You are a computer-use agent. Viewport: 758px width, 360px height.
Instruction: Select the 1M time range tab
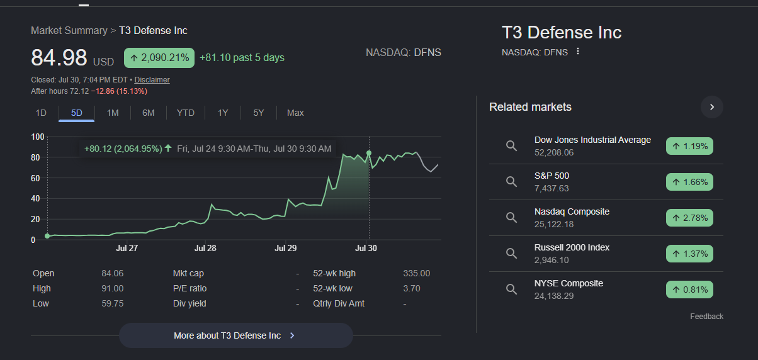coord(113,113)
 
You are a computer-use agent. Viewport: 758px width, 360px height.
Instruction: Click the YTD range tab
coord(186,113)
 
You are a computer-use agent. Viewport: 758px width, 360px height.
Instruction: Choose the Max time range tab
coord(295,113)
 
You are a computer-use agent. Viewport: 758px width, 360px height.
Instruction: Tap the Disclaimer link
coord(152,80)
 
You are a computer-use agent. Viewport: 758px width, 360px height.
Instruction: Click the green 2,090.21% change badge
coord(159,58)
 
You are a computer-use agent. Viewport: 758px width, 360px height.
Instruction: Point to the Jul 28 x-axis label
coord(205,248)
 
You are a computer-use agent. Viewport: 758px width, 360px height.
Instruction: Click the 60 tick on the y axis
coord(35,178)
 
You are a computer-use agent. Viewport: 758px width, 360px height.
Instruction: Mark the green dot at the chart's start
coord(47,236)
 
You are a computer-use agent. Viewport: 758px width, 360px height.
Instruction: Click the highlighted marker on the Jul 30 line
coord(369,153)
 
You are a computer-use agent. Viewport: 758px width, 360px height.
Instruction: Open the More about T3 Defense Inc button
coord(236,335)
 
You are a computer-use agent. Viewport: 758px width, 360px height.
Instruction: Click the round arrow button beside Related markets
coord(712,107)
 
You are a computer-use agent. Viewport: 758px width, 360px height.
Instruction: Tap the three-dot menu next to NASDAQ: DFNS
coord(578,51)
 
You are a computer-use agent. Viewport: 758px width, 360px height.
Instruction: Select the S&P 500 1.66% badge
coord(689,182)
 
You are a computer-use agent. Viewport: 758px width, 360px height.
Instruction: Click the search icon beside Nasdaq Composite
coord(511,218)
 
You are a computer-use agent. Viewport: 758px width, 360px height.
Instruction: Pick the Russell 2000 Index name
coord(572,247)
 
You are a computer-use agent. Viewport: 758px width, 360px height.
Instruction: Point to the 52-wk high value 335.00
coord(417,273)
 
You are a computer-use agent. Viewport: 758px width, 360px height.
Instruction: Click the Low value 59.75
coord(112,303)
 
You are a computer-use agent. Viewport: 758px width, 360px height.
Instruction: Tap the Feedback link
coord(706,317)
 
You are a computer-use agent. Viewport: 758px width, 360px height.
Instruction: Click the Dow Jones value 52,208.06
coord(554,152)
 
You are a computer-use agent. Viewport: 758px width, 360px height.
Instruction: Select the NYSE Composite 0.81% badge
coord(689,290)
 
